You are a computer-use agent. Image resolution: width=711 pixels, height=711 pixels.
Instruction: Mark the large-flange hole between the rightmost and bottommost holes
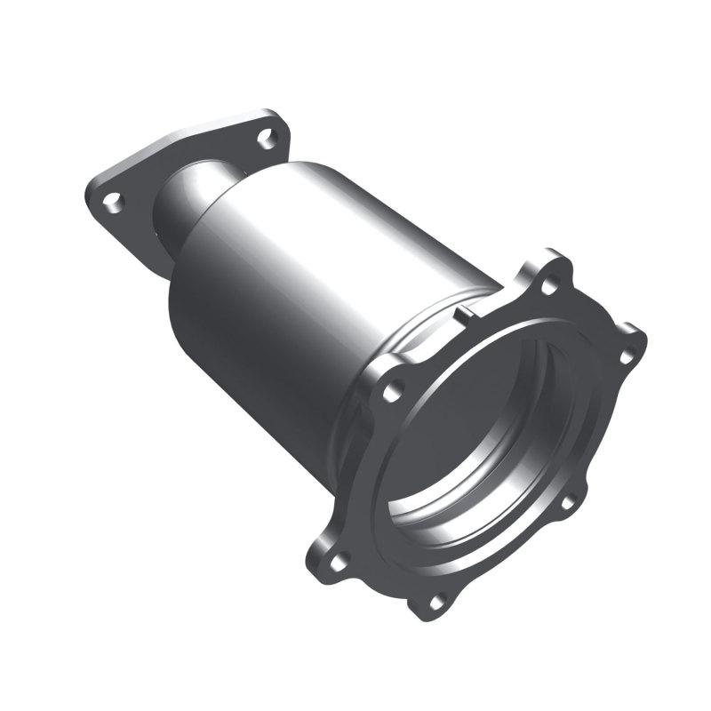point(566,503)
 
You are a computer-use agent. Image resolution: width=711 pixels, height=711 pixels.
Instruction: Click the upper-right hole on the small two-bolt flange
point(265,137)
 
